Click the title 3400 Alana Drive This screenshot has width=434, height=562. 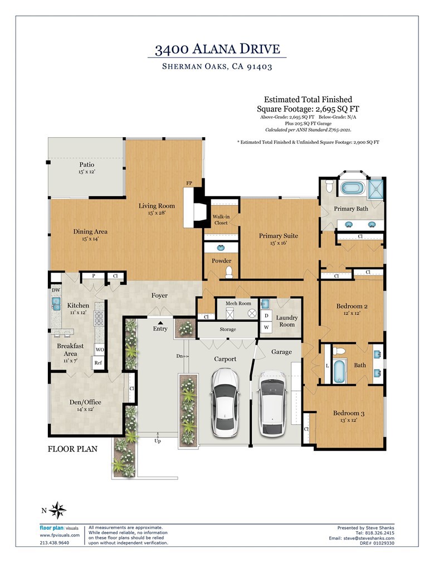[217, 49]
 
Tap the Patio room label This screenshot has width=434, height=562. [86, 168]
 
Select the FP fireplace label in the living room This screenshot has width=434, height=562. [189, 183]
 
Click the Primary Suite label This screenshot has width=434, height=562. [278, 239]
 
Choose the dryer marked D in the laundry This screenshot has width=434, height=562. [266, 315]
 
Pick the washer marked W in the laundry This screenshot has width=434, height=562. [266, 327]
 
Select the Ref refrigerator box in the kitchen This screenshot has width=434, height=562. [98, 363]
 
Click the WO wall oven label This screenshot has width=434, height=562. [99, 350]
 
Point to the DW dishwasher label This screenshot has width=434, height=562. [55, 290]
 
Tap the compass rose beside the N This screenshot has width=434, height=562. [57, 510]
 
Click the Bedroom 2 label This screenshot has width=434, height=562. [351, 310]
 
